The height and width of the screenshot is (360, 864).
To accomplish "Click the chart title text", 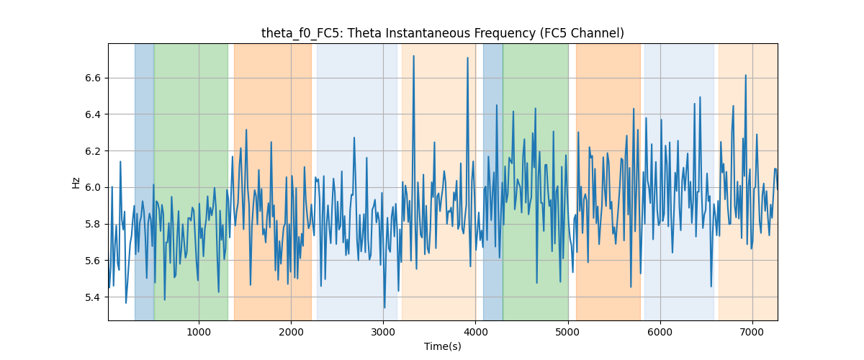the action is [x=442, y=33].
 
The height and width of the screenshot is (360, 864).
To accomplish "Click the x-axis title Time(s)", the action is [x=442, y=346].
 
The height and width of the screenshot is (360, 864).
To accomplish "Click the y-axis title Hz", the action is [x=76, y=182].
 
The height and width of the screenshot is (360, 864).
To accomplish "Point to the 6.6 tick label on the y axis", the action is [x=93, y=78].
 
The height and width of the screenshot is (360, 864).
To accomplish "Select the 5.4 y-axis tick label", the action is [x=93, y=297].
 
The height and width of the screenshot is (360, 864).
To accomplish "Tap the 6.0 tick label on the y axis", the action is [x=93, y=187].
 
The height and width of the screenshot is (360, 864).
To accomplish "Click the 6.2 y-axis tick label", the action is [x=93, y=151].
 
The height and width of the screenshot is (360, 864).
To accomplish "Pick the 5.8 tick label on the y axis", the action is [x=93, y=224].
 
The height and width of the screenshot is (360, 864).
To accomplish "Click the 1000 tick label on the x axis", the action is [x=199, y=332].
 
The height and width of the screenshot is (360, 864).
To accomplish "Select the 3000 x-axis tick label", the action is [x=383, y=332].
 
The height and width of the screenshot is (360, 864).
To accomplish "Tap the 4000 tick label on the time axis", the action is [x=476, y=332].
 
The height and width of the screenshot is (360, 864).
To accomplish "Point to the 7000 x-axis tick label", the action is [x=752, y=332].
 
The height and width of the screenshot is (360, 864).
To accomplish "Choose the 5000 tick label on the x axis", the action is [x=568, y=332].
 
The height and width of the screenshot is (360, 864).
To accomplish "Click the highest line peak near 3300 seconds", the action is [x=413, y=55].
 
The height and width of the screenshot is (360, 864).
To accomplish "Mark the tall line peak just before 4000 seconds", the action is [x=467, y=58].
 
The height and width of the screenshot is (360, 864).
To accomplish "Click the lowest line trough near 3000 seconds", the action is [x=384, y=308].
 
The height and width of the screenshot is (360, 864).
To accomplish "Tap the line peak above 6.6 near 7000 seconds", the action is [x=746, y=75].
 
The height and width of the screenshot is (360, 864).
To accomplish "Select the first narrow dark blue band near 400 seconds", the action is [x=144, y=181].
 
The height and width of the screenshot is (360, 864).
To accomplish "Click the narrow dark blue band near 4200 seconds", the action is [x=493, y=181].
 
